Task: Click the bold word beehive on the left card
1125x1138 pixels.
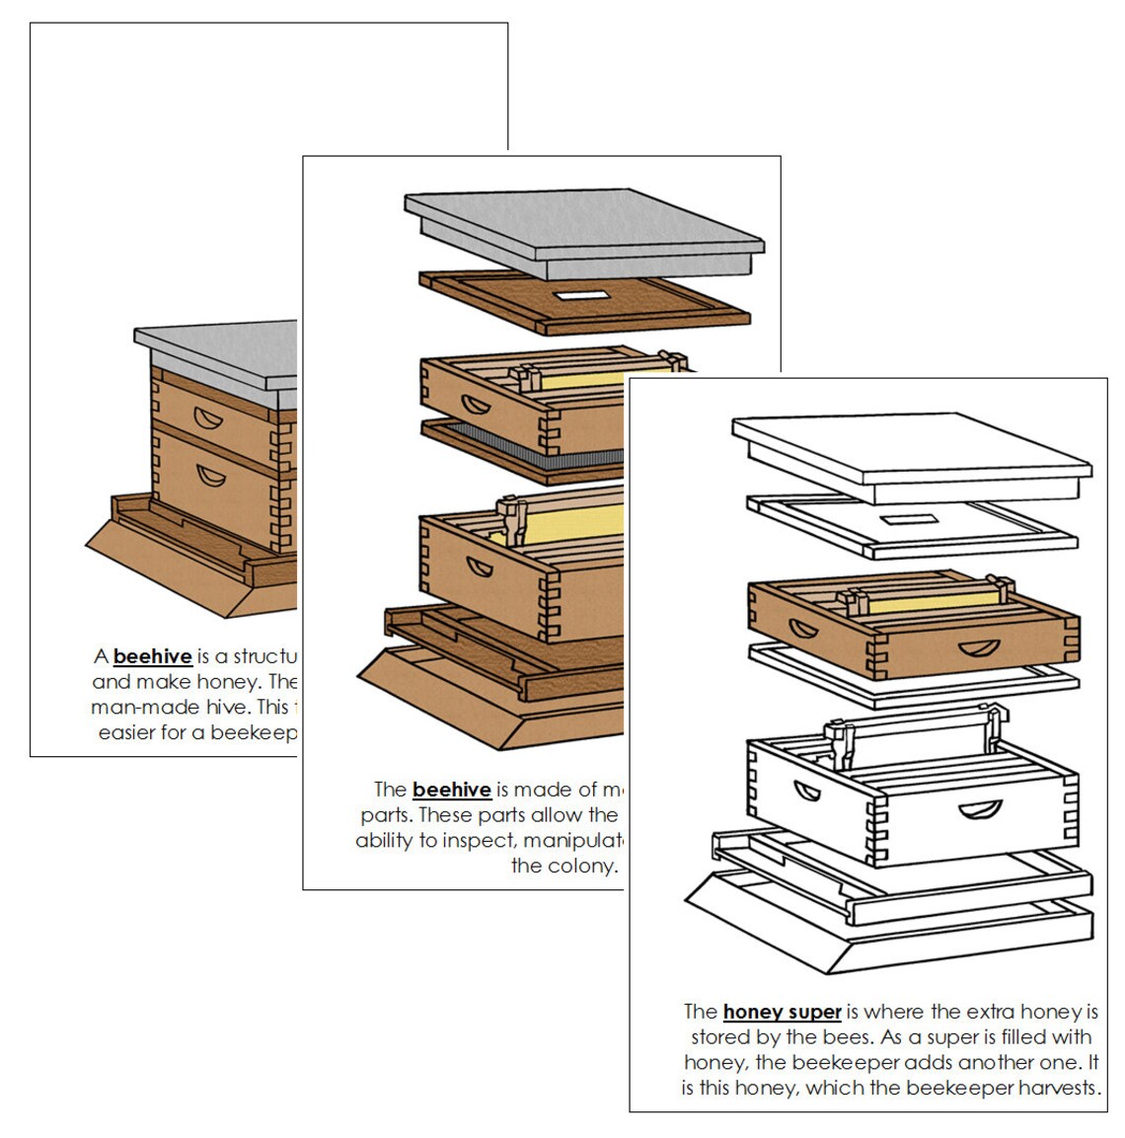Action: pyautogui.click(x=153, y=656)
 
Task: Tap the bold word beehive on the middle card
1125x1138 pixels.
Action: pyautogui.click(x=452, y=790)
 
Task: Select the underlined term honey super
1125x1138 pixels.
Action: pyautogui.click(x=782, y=1012)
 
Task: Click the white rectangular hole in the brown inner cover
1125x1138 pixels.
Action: pyautogui.click(x=583, y=293)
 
